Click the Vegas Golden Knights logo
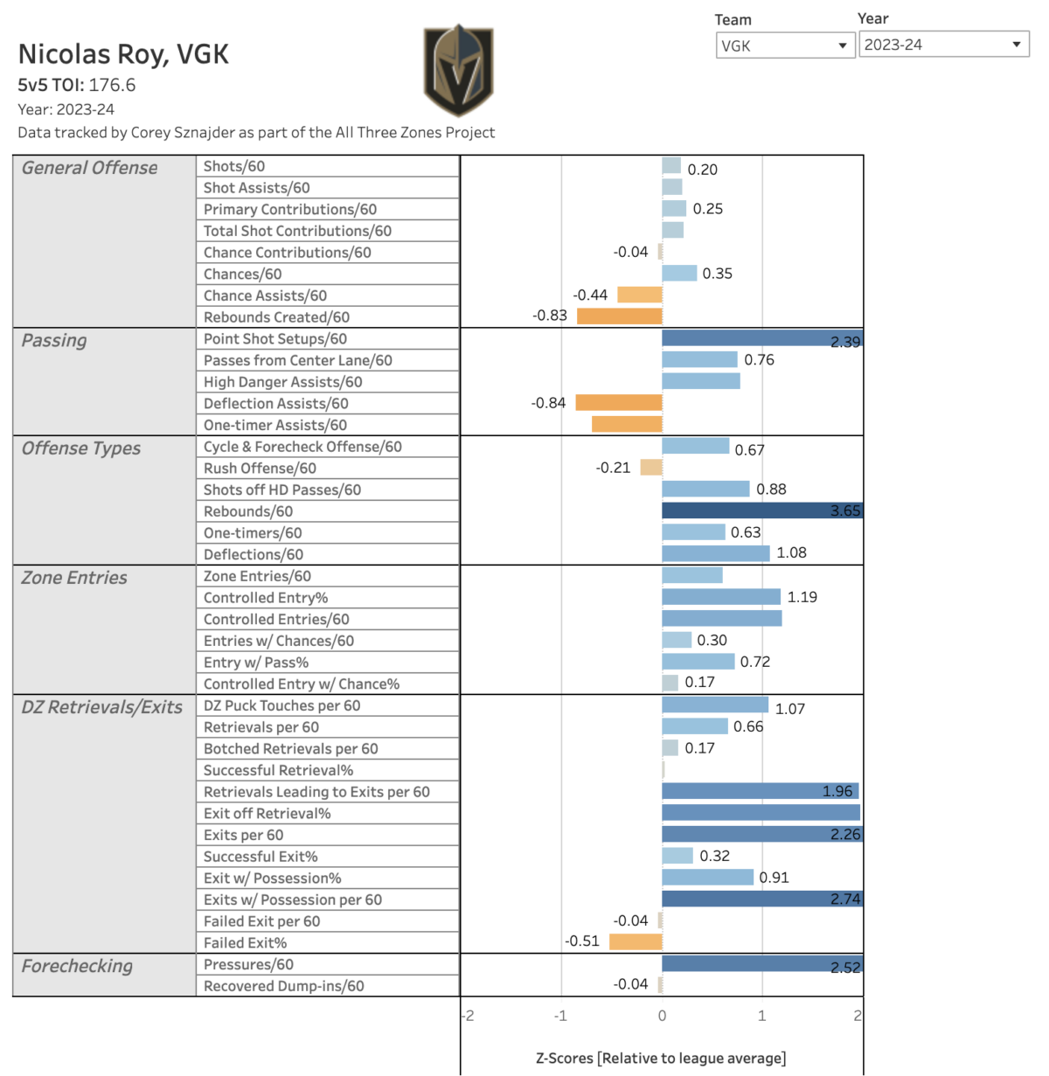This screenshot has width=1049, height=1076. point(459,70)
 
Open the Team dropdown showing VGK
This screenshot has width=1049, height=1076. point(784,45)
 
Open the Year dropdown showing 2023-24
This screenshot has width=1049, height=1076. point(943,45)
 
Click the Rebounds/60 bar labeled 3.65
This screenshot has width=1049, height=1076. point(761,511)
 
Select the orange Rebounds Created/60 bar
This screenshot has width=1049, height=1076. point(619,316)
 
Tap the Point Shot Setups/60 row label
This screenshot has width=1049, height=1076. point(275,339)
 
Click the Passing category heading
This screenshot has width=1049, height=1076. point(54,341)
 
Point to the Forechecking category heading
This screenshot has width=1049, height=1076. point(77,966)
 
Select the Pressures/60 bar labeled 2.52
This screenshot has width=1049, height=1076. point(761,964)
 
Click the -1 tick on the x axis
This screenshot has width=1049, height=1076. point(560,1016)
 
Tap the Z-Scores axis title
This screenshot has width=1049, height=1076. point(661,1059)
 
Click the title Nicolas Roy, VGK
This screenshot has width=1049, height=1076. point(123,54)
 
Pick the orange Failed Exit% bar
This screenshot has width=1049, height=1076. point(636,942)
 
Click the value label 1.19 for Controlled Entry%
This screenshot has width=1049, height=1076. point(802,597)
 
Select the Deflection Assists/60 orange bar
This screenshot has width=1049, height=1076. point(618,403)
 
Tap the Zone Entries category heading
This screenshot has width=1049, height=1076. point(74,578)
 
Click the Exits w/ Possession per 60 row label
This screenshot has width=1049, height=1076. point(293,899)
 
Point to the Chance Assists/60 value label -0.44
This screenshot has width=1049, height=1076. point(590,295)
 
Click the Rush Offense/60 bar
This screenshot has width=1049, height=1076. point(651,468)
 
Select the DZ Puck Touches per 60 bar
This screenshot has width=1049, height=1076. point(715,705)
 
